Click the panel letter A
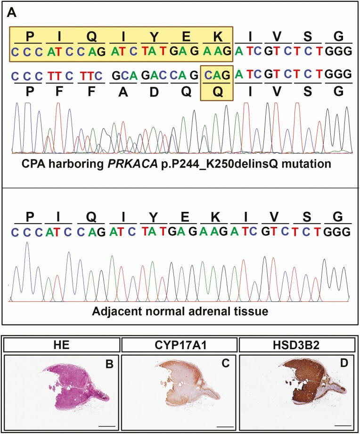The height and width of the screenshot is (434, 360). pos(13,14)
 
